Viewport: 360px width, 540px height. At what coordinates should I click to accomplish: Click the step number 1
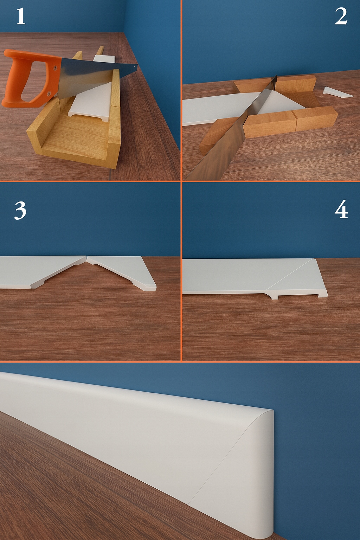20,17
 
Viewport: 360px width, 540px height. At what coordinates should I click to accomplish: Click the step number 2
341,16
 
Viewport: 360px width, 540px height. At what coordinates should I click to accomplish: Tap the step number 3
20,211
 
